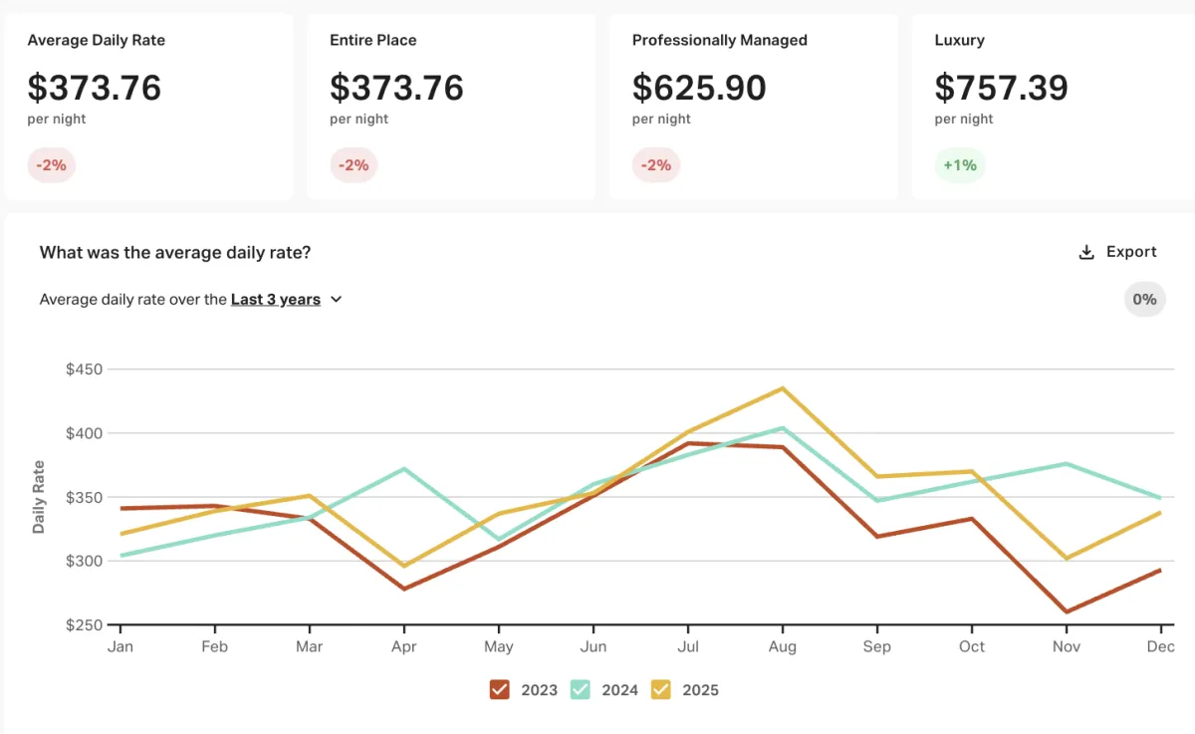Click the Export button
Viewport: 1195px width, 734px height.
1117,252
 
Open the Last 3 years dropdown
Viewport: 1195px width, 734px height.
286,299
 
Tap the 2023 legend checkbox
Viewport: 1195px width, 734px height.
500,689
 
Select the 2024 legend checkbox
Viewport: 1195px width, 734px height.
581,689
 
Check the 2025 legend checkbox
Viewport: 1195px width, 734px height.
661,689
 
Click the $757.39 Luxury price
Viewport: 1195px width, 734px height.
1001,88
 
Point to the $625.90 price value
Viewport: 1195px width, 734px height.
699,88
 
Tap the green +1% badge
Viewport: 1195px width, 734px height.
959,165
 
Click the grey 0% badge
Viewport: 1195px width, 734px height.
1144,299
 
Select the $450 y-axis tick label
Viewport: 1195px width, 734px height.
85,369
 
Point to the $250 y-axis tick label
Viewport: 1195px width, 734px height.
85,624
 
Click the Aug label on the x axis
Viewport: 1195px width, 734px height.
783,646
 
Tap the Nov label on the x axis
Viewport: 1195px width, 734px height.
1067,646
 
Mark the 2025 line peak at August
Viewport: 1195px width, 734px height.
783,388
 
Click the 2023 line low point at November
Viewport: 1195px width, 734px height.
1067,612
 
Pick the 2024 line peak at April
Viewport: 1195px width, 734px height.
404,468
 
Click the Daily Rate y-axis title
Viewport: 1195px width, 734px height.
39,497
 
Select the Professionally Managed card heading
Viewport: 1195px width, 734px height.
719,41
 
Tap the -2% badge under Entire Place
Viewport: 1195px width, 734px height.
354,165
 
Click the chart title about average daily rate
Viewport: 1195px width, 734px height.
175,252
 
